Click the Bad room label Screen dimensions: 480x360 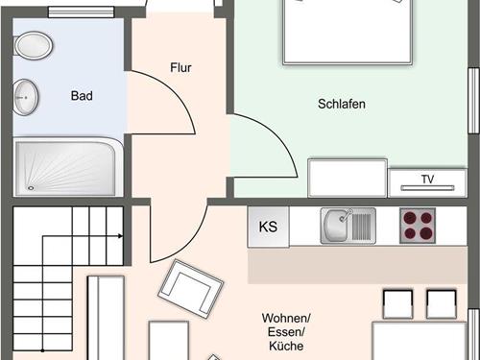82,96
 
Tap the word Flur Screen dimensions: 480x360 180,67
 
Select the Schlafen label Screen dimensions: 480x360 342,104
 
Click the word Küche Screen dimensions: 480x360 286,346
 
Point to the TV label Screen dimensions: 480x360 427,180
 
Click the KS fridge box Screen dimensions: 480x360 268,227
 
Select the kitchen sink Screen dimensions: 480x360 348,226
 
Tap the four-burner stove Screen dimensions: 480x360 418,226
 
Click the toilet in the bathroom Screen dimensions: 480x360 33,45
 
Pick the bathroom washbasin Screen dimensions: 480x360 26,97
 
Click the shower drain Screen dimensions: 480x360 31,188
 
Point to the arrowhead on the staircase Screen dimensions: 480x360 120,236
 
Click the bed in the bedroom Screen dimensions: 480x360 348,32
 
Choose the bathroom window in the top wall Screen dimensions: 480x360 82,12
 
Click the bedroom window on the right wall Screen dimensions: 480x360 473,101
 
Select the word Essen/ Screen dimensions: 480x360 286,332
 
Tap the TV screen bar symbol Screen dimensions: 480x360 427,188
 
